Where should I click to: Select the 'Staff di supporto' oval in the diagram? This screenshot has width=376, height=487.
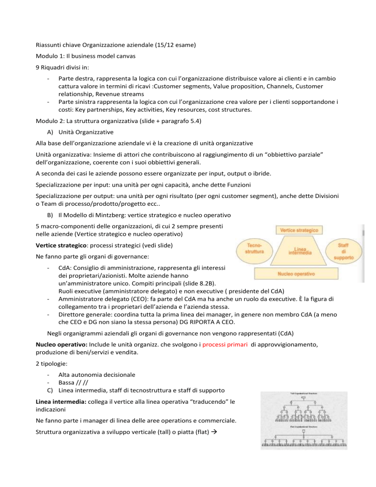tap(351, 248)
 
